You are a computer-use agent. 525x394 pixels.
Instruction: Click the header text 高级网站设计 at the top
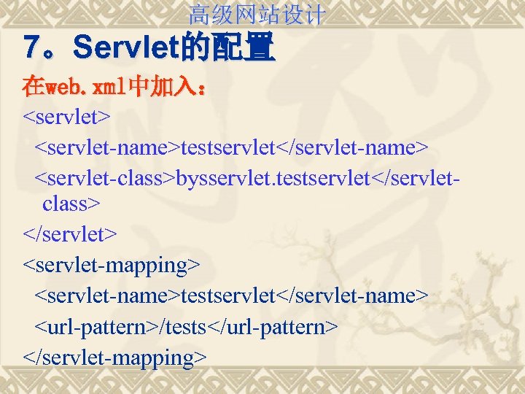(257, 14)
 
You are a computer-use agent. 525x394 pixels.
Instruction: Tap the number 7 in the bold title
(32, 48)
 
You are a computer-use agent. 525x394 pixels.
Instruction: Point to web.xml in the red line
(86, 88)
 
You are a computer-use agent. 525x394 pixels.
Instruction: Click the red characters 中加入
(162, 88)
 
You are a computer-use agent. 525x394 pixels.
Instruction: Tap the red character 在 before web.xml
(33, 88)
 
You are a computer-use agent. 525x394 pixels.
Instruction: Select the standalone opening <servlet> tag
(67, 117)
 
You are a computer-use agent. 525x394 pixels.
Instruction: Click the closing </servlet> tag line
(70, 234)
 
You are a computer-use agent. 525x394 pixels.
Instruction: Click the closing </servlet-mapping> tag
(115, 358)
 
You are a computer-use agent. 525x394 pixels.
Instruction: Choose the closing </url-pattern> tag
(273, 327)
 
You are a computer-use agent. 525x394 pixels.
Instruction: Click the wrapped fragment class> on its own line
(70, 204)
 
